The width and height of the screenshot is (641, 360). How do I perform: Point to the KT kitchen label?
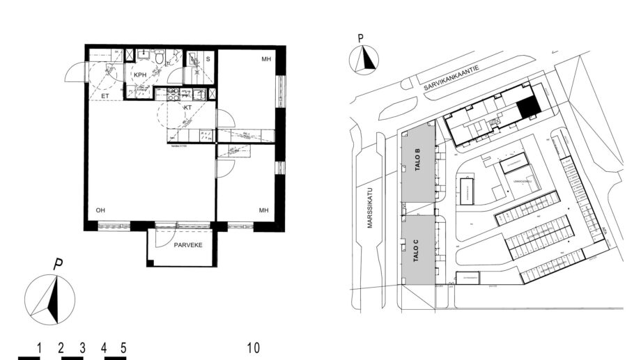click(x=187, y=109)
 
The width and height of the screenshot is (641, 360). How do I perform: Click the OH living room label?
click(x=100, y=210)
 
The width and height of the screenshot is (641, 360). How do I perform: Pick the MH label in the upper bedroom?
click(x=265, y=59)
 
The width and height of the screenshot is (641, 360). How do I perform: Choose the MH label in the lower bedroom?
click(x=264, y=210)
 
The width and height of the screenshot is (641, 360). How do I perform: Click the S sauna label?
click(x=208, y=60)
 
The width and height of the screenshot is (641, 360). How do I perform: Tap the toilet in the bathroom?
click(x=160, y=61)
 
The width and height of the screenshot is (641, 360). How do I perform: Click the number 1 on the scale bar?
click(x=40, y=347)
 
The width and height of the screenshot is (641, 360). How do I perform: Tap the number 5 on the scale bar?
click(x=123, y=347)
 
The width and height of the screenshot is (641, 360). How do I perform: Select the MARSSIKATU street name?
click(x=371, y=208)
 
